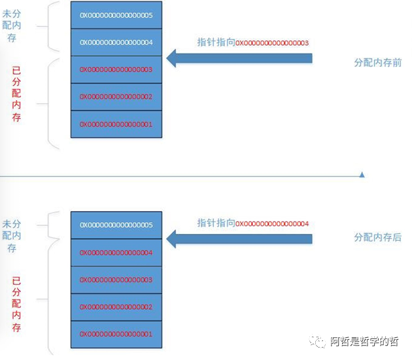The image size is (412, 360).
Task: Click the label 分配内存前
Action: point(377,63)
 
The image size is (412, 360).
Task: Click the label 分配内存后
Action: point(377,238)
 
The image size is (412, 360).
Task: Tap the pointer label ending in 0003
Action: point(252,42)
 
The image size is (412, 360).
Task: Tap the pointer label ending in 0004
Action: point(252,223)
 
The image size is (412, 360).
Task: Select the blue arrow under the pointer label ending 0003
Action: point(239,59)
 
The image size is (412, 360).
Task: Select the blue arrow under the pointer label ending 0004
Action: point(239,239)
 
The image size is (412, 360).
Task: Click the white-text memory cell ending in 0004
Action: point(116,42)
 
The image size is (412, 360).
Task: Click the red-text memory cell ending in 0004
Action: point(116,252)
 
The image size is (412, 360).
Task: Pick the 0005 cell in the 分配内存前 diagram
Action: point(116,14)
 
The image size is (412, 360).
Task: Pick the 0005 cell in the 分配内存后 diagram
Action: point(116,225)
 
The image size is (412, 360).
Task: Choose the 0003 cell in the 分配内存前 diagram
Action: point(116,69)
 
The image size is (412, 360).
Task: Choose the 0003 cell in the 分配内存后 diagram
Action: point(116,280)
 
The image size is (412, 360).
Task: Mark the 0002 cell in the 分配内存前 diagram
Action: point(116,97)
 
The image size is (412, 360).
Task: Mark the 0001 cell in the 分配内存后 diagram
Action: point(116,334)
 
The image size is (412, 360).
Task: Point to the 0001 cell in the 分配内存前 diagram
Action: point(116,124)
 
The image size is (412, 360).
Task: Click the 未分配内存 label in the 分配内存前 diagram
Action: point(16,25)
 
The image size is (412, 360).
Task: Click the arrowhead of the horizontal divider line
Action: point(362,174)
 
